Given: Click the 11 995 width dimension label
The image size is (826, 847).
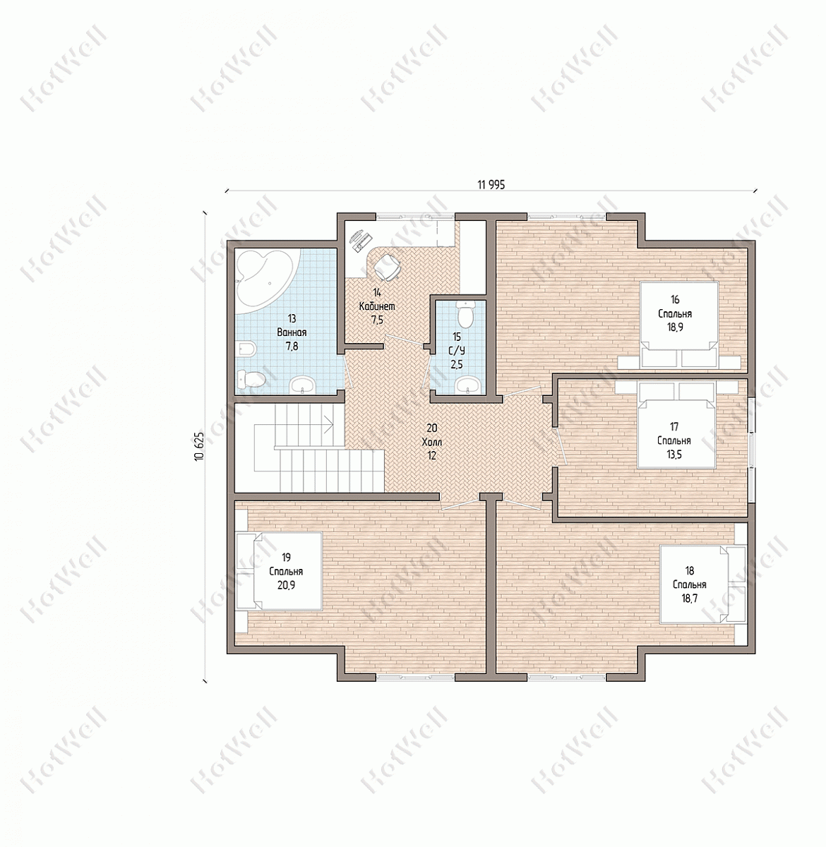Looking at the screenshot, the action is [x=491, y=185].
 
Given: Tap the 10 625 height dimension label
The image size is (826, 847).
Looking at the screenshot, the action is [x=200, y=447].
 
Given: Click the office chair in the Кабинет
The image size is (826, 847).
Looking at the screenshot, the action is [x=386, y=267].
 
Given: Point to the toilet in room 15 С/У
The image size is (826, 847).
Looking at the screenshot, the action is [x=465, y=315].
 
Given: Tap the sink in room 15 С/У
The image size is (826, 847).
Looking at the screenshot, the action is [x=467, y=385].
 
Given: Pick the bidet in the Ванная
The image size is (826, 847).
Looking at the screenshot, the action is [x=247, y=348].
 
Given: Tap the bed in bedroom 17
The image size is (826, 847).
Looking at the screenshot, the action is [x=676, y=425].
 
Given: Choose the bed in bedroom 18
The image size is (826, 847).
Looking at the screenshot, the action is [x=703, y=584].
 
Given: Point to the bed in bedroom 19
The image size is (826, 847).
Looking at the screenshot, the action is [x=279, y=570].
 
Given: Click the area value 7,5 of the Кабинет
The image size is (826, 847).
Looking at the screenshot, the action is [x=377, y=320].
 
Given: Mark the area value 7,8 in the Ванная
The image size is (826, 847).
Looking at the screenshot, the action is [x=292, y=347].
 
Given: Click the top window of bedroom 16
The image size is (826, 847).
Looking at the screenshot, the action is [x=568, y=216].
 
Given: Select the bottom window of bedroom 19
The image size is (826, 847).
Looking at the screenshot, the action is [x=415, y=678].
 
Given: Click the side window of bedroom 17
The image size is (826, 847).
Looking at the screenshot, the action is [x=752, y=450].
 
